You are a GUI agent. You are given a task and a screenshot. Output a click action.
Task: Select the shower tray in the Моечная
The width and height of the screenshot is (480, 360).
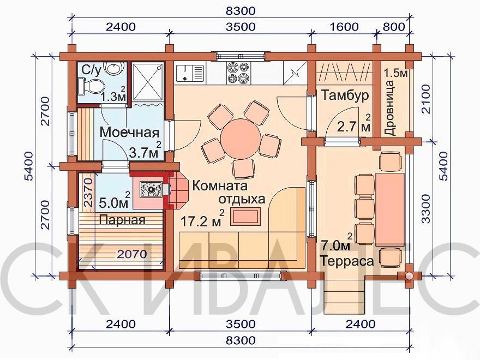[148, 82]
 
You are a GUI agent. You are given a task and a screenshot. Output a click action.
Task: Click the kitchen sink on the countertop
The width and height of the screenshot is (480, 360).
[190, 73]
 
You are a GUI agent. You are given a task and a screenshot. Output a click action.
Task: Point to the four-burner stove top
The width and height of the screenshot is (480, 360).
[238, 73]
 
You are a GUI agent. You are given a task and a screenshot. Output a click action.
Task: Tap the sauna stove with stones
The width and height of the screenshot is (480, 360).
[151, 189]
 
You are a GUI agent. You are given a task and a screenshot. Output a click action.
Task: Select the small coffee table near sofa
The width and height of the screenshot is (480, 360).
[245, 217]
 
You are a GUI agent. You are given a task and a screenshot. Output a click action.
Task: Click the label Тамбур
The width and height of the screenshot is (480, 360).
[345, 95]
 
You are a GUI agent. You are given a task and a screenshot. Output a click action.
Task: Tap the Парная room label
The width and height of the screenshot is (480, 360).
[122, 220]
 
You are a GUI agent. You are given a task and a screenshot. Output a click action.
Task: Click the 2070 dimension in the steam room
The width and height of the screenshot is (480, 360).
[132, 254]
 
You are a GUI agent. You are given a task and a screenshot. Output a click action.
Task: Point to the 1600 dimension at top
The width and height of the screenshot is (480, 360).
[344, 27]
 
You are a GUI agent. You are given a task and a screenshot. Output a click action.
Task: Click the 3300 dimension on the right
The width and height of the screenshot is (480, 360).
[425, 208]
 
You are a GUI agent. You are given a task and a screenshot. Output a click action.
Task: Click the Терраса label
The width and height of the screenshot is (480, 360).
[347, 261]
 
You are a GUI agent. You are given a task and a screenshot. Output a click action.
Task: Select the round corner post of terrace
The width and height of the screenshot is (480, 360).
[409, 275]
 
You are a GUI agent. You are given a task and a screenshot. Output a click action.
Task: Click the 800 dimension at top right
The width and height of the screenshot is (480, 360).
[394, 27]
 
